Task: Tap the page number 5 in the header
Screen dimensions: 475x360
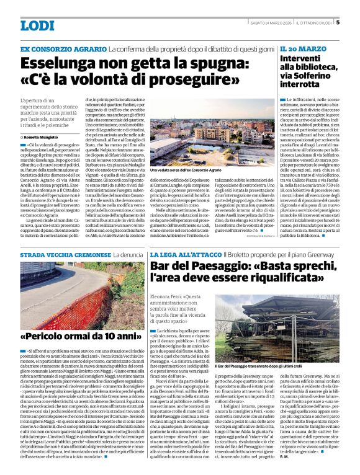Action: (x=337, y=24)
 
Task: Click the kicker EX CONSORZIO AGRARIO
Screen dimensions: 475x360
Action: (x=63, y=48)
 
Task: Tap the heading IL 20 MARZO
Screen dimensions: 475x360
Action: (x=301, y=48)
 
